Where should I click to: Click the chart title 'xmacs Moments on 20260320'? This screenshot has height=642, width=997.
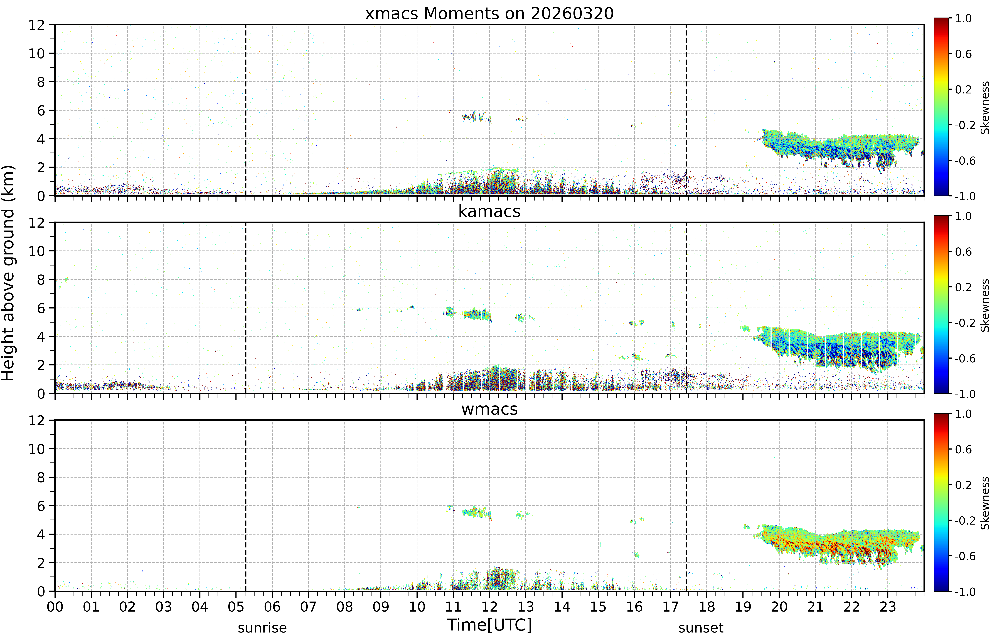tap(489, 14)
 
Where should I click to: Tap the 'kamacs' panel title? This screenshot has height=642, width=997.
tap(489, 211)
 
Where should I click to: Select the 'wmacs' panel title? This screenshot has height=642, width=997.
tap(489, 409)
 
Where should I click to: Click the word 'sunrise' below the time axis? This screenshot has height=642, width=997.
tap(262, 628)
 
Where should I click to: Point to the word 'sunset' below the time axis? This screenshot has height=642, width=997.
tap(701, 628)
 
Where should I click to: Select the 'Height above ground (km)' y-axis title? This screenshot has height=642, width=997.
tap(8, 273)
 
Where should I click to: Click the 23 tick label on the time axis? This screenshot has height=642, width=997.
tap(888, 607)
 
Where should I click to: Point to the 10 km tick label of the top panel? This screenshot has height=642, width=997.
tap(37, 53)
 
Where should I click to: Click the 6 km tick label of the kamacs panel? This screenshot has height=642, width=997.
tap(41, 308)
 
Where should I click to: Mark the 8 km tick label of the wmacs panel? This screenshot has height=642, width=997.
tap(41, 477)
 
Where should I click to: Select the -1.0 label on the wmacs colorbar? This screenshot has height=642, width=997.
tap(965, 592)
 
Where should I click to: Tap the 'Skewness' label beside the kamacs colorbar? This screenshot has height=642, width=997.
tap(985, 306)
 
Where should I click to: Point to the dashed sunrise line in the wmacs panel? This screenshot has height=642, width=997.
tap(246, 506)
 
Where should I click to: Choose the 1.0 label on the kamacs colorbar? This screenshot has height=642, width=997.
tap(963, 216)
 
